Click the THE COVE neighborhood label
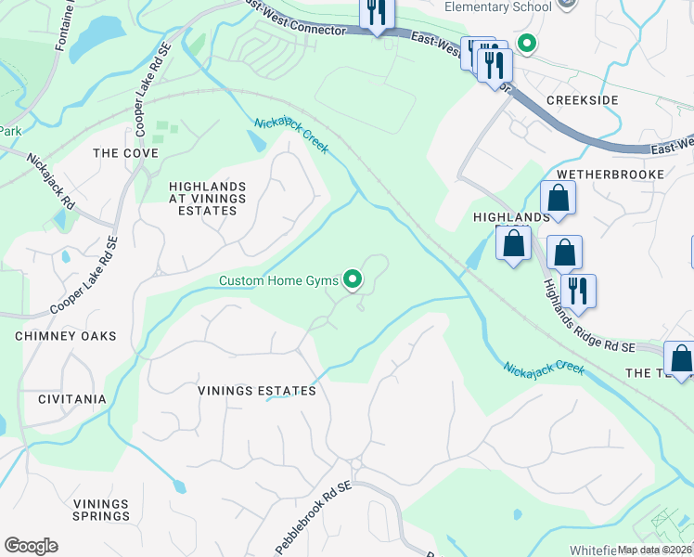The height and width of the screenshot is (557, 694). tap(125, 153)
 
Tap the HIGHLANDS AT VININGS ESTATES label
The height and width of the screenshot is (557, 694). tap(207, 199)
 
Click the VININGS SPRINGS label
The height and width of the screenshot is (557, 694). tap(101, 510)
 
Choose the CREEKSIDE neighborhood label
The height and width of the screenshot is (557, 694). tap(583, 100)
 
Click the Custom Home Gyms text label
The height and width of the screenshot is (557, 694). tap(278, 279)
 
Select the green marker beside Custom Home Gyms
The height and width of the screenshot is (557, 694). tap(353, 278)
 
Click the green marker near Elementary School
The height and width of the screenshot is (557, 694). tap(527, 43)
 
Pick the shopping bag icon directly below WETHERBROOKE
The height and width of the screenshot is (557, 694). tap(559, 198)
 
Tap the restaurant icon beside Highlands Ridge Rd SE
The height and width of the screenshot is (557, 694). tap(578, 290)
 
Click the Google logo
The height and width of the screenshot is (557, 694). tap(31, 546)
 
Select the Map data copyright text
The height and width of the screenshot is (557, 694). tap(655, 550)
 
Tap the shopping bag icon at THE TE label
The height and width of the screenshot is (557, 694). tap(680, 358)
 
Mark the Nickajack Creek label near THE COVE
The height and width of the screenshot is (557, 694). tap(291, 136)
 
